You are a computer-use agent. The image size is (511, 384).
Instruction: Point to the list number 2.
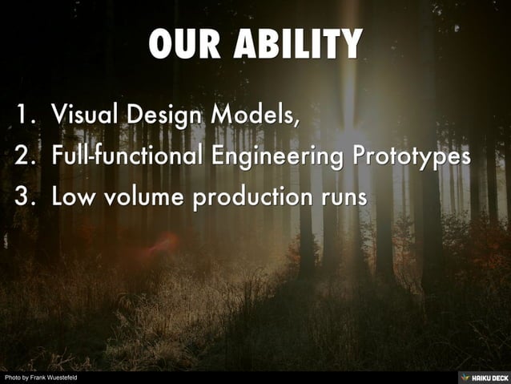24,156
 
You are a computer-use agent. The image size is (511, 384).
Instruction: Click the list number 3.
24,196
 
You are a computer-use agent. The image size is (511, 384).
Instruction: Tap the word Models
253,116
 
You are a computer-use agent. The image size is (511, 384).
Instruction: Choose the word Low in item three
72,196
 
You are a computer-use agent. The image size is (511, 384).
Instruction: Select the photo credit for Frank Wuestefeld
40,378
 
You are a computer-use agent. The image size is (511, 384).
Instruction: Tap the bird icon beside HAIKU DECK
465,377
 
